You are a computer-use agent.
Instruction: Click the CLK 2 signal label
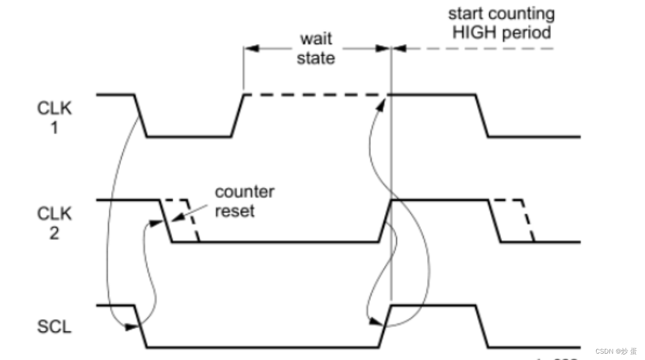click(54, 222)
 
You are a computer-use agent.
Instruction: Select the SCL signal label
click(54, 327)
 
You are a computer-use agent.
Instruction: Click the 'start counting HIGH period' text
click(502, 23)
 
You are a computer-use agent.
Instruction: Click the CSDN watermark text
click(616, 351)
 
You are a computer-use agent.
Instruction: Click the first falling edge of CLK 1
click(141, 116)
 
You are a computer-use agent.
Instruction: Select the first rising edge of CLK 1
click(237, 116)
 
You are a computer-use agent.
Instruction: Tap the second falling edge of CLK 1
click(482, 116)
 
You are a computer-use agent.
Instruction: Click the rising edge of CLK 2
click(386, 221)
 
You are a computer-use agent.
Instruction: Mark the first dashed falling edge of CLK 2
click(194, 221)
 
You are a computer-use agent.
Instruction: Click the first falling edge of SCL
click(141, 327)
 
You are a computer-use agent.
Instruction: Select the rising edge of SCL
click(386, 327)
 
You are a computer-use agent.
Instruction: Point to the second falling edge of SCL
click(482, 327)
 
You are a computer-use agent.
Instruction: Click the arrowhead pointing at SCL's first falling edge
click(131, 327)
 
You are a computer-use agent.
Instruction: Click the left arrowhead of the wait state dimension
click(251, 48)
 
